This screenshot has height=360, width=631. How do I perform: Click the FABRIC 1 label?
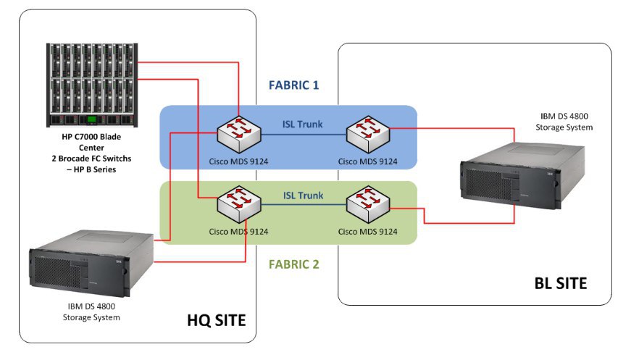coord(293,85)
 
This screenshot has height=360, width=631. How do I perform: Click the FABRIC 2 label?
coord(293,264)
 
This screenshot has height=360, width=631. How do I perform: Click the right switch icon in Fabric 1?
coord(368,131)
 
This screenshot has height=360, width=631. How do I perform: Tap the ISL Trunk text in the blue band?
coord(302,124)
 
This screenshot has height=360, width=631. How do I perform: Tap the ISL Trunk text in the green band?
coord(302,196)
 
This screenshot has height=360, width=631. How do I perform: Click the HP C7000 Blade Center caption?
coord(92,151)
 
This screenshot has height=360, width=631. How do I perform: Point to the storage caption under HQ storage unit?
coord(91,312)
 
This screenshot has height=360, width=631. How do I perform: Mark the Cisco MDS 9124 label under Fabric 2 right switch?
coord(368,232)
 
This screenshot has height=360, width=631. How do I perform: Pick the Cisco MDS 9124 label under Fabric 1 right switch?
coord(368,160)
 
